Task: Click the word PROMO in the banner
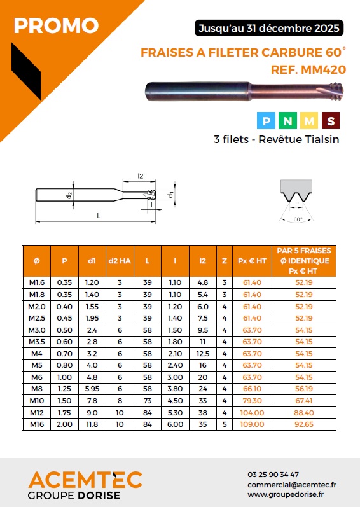click(x=56, y=26)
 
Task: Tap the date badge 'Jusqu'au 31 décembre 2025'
click(x=269, y=28)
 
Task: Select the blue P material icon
click(x=266, y=121)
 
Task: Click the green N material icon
click(x=287, y=121)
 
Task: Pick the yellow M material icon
click(x=309, y=121)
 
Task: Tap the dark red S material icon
click(x=331, y=121)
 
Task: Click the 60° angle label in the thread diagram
click(x=298, y=219)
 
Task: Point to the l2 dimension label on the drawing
click(x=141, y=176)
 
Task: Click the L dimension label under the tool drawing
click(x=99, y=216)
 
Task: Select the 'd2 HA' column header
click(x=120, y=261)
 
